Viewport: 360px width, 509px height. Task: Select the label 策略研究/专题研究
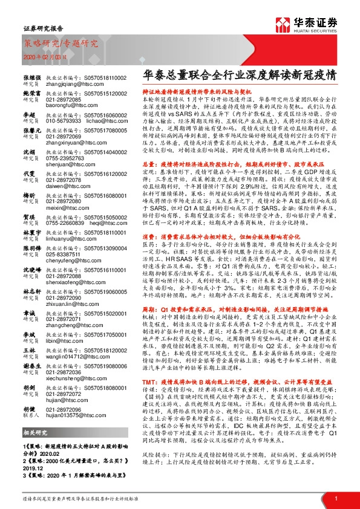(60, 44)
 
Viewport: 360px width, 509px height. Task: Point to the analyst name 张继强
(31, 79)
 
